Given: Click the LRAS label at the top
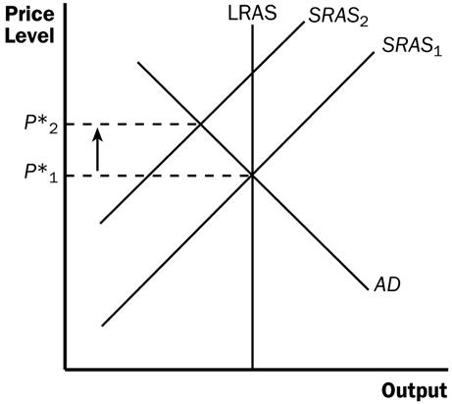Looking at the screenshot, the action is (x=252, y=14).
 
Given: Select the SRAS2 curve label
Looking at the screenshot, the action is (x=338, y=16).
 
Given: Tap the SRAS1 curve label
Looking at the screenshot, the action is (x=412, y=45).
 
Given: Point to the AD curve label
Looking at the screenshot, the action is (x=387, y=284).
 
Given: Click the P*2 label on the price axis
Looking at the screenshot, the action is (x=41, y=124).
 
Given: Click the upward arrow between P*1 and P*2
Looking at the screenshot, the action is (x=97, y=149).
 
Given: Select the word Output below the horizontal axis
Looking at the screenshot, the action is (x=415, y=390).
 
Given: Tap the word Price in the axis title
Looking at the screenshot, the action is (x=29, y=15).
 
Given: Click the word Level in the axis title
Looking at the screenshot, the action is (x=29, y=35).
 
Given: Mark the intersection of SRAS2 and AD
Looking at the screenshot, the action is (x=200, y=125).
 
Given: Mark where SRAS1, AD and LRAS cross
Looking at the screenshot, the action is (x=252, y=176).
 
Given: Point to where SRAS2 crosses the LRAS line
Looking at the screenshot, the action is (x=252, y=73).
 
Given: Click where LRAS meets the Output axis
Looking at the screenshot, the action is (x=252, y=369).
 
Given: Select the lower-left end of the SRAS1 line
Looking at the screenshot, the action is (x=102, y=326).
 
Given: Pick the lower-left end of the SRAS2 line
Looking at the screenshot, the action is (x=101, y=224).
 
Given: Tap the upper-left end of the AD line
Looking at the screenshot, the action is (x=138, y=62).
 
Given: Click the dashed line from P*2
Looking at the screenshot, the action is (x=133, y=125).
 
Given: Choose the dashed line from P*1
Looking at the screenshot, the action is (x=159, y=176).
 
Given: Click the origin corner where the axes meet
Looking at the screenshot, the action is (x=66, y=370).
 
